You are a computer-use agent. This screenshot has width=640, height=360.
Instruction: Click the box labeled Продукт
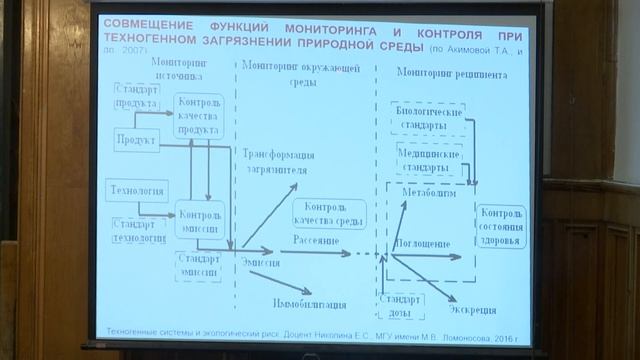click(134, 141)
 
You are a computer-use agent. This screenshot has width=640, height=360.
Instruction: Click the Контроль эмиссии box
click(201, 218)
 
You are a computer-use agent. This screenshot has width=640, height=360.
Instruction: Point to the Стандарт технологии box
click(140, 230)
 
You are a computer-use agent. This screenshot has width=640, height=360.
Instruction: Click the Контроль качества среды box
click(329, 213)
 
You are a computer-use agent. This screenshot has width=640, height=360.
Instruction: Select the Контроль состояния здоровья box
click(501, 229)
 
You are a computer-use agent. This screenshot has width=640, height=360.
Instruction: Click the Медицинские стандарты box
click(427, 160)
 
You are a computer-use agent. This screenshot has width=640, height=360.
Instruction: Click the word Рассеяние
click(316, 241)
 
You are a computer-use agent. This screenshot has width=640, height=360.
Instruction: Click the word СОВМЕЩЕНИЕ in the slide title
click(153, 23)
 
